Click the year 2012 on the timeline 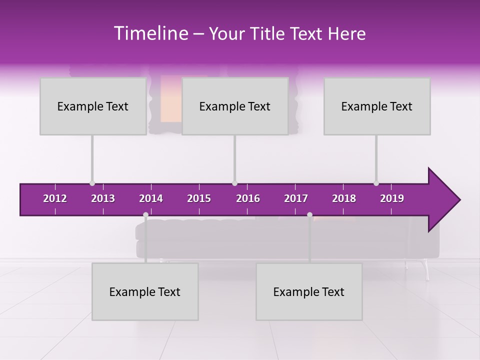pyautogui.click(x=55, y=198)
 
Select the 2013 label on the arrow pyautogui.click(x=103, y=198)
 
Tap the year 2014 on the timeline pyautogui.click(x=151, y=198)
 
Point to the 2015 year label pyautogui.click(x=199, y=198)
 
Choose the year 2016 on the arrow pyautogui.click(x=248, y=198)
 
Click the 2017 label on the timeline pyautogui.click(x=296, y=198)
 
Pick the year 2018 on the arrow pyautogui.click(x=344, y=198)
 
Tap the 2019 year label pyautogui.click(x=392, y=198)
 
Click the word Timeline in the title pyautogui.click(x=150, y=33)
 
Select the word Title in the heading pyautogui.click(x=268, y=34)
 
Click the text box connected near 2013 pyautogui.click(x=93, y=106)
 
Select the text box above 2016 pyautogui.click(x=235, y=106)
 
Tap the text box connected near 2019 pyautogui.click(x=377, y=106)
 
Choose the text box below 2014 pyautogui.click(x=145, y=291)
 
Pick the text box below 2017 pyautogui.click(x=309, y=291)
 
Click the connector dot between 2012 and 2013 pyautogui.click(x=92, y=183)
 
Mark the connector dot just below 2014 pyautogui.click(x=145, y=215)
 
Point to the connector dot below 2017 pyautogui.click(x=309, y=215)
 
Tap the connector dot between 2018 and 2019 pyautogui.click(x=376, y=183)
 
